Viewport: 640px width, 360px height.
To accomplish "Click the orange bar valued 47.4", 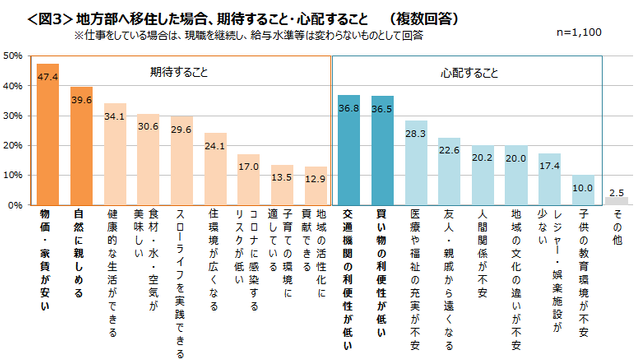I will [48, 134].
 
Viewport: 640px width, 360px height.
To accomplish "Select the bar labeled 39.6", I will [82, 146].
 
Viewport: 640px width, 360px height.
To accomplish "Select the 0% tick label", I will [17, 205].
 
